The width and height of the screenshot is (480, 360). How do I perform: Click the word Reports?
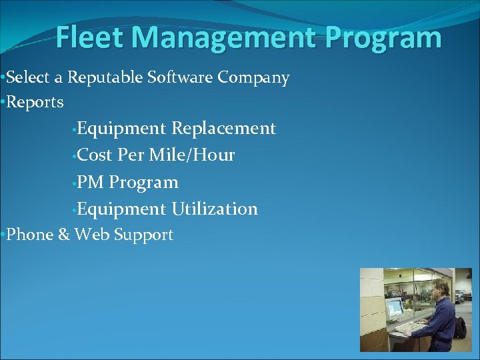tap(35, 102)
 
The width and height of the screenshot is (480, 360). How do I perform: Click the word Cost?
tap(95, 155)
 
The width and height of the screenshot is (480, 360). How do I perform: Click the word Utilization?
tap(215, 209)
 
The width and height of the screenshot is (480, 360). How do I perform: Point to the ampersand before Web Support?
tap(64, 235)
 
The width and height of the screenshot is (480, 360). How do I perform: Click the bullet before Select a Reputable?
tap(3, 78)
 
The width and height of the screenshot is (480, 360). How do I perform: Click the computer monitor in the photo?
tap(395, 309)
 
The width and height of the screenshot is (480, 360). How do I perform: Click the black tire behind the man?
tap(460, 327)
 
